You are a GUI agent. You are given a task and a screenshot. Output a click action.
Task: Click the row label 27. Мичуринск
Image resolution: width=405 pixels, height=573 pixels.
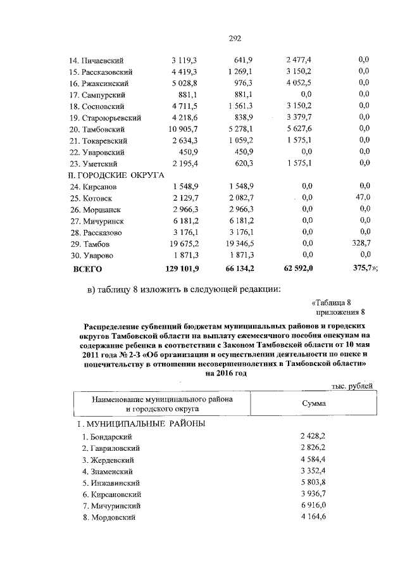(96, 221)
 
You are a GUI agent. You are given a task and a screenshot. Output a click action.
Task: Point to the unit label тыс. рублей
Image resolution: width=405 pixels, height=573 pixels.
(352, 386)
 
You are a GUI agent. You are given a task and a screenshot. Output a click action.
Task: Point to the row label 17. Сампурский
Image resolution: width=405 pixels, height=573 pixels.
(99, 94)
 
